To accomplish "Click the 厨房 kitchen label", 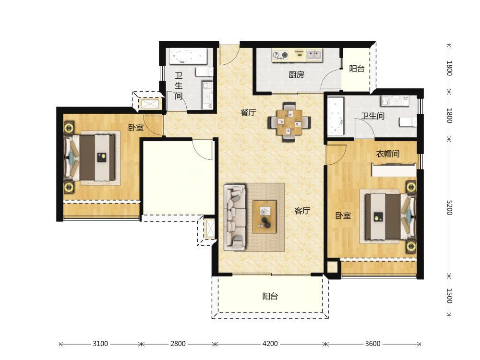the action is pos(296,74).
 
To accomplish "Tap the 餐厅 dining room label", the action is pos(248,113).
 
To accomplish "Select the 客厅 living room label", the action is pos(302,211).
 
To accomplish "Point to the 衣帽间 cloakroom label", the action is pos(388,154).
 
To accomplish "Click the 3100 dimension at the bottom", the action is pos(100,344).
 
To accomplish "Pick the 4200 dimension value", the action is pos(270,344).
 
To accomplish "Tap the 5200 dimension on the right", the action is pos(449,208).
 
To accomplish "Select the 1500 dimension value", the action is pos(449,296).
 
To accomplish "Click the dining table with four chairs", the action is pos(289,122).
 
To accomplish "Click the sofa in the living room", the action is pos(235,217).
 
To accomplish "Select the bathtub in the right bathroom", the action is pos(336,117).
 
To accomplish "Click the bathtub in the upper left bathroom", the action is pos(188,56).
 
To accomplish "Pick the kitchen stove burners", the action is pos(281,55).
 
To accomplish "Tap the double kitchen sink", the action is pos(314,55).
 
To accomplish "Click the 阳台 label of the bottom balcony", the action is pos(270,296).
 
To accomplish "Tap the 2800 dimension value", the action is pos(178,344).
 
